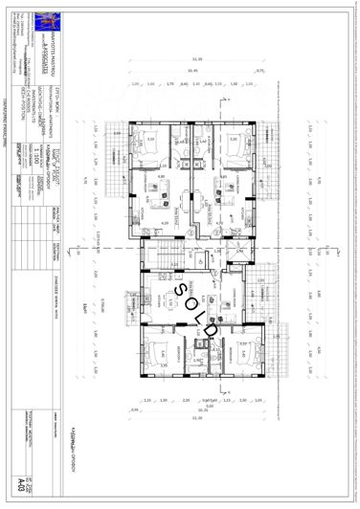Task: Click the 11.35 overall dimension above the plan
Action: click(195, 56)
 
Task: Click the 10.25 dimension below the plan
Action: click(196, 409)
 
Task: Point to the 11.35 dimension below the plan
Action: click(196, 419)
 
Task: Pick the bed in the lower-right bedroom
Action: click(239, 355)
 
